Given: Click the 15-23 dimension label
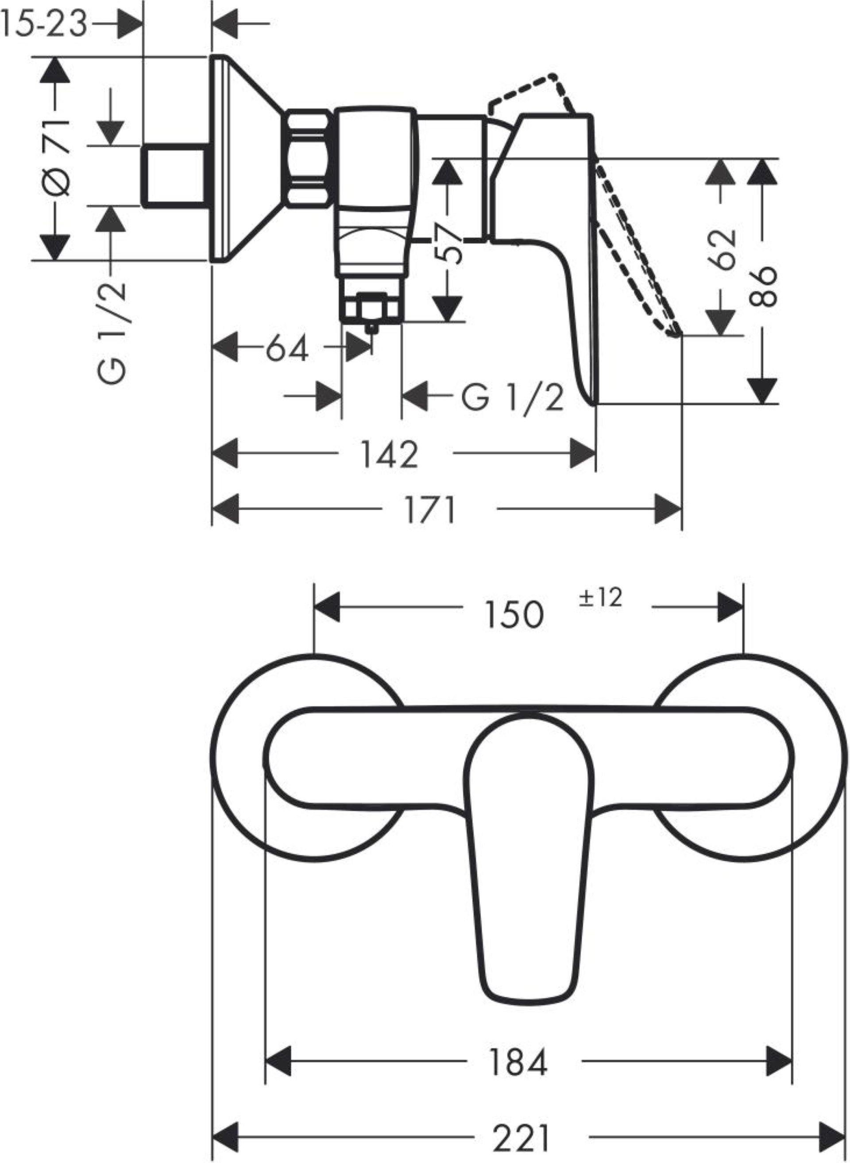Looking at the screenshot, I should [x=43, y=24].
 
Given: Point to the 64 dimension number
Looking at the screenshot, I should [x=287, y=349].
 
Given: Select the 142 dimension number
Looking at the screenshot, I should [x=390, y=454].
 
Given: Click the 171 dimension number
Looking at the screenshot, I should [x=430, y=510].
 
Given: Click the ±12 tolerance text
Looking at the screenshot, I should [x=600, y=597].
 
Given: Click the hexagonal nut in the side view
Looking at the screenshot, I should [x=309, y=158].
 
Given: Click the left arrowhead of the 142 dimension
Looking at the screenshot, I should [x=225, y=454].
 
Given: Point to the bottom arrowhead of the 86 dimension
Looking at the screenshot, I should [x=762, y=391].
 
